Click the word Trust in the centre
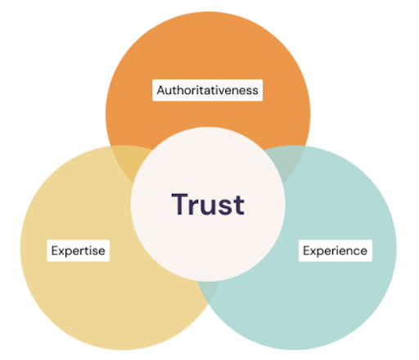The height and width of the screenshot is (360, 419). click(x=208, y=204)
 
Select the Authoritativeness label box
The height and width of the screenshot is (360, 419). click(x=207, y=90)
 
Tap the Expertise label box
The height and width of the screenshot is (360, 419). click(x=79, y=250)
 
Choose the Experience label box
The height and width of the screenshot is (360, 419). click(x=336, y=250)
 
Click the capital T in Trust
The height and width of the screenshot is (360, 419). click(x=180, y=204)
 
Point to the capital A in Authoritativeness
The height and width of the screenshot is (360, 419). click(x=161, y=90)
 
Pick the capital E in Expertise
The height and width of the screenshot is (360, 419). click(x=55, y=250)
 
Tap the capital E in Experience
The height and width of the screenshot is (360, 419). click(x=307, y=250)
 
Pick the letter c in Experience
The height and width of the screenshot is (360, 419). click(x=356, y=252)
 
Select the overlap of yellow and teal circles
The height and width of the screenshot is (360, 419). click(x=208, y=290)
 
